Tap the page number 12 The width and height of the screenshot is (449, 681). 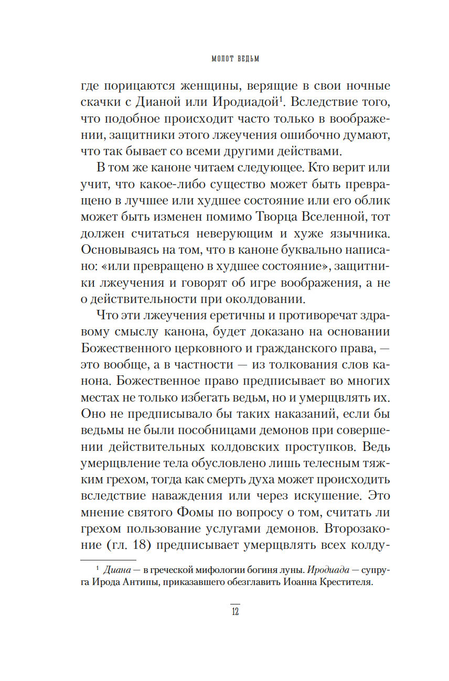pyautogui.click(x=235, y=611)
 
